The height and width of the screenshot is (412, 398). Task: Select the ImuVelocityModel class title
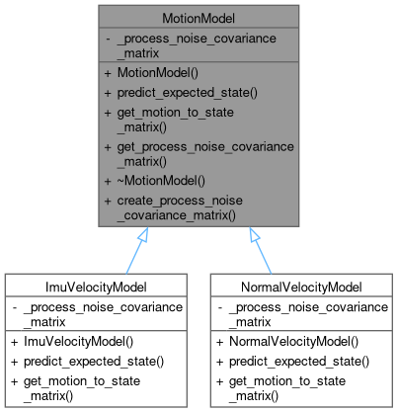pyautogui.click(x=97, y=287)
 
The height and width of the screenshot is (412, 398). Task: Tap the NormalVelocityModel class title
pyautogui.click(x=301, y=287)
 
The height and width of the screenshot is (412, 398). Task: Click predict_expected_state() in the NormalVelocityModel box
pyautogui.click(x=293, y=361)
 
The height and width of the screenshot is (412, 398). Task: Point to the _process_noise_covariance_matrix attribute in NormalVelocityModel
pyautogui.click(x=301, y=314)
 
